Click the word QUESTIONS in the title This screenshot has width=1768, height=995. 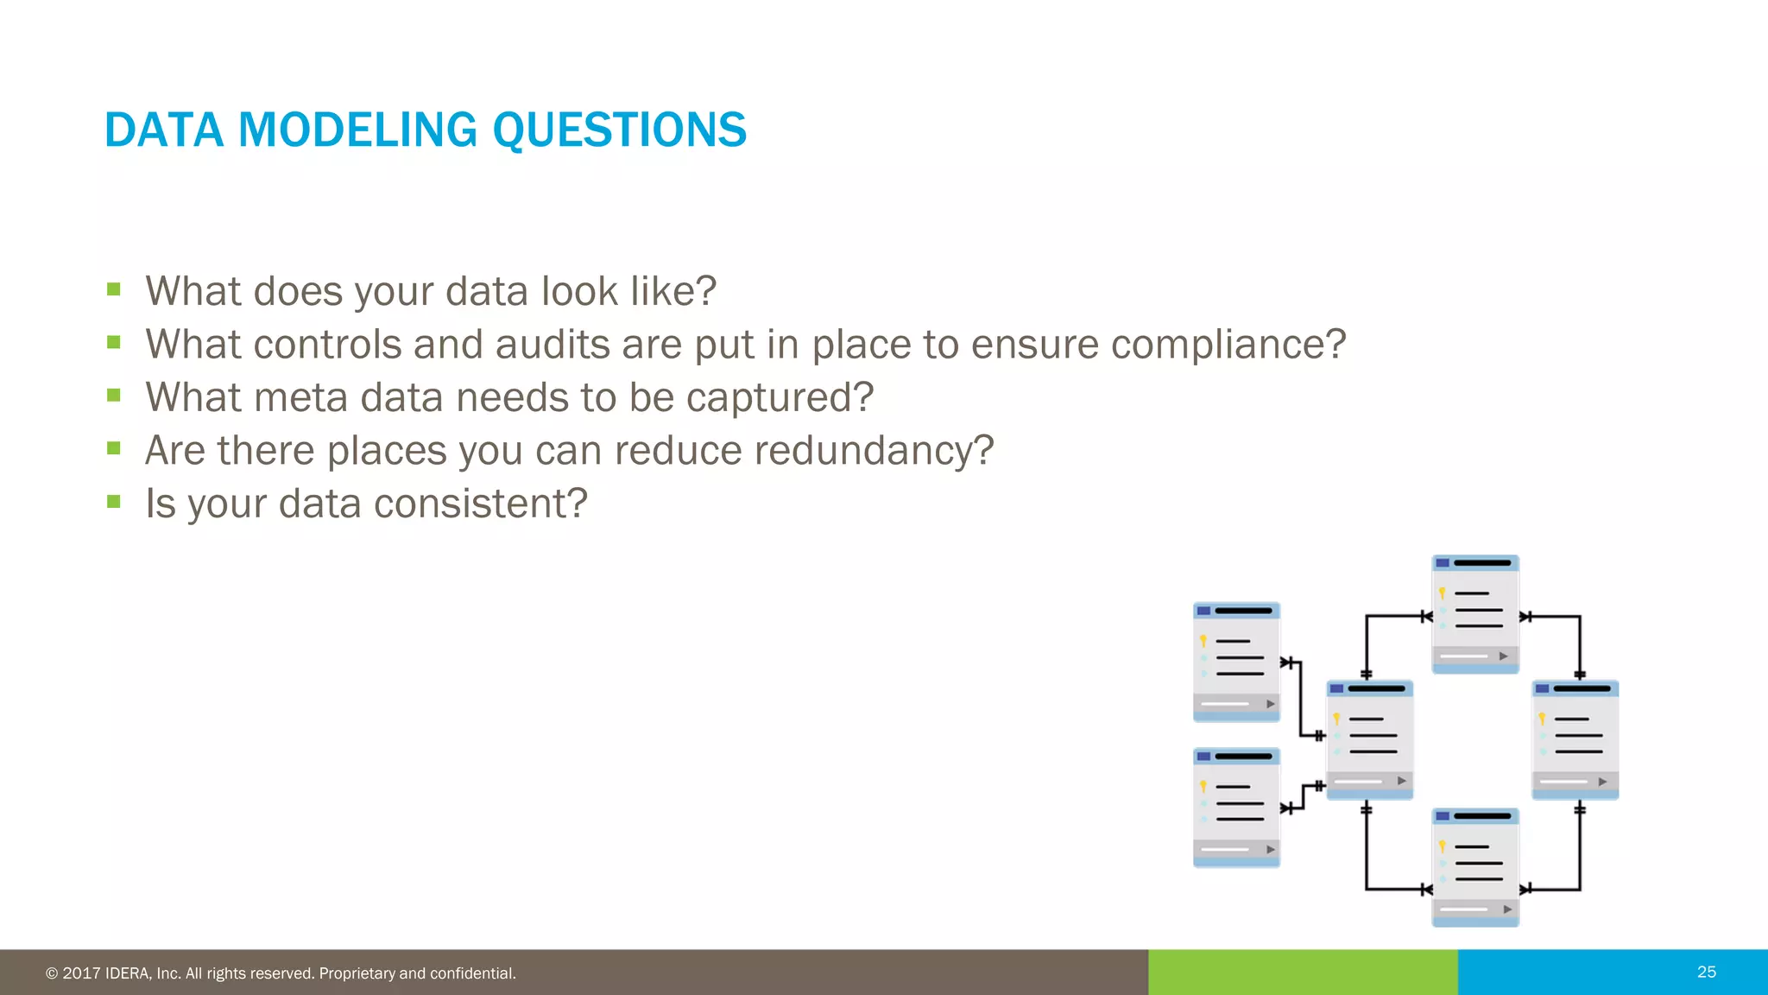(x=618, y=130)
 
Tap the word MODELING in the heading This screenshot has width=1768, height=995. (x=356, y=130)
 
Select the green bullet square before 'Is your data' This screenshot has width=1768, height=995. (x=114, y=501)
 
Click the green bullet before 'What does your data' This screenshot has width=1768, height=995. (x=114, y=288)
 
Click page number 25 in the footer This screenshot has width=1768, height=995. (x=1706, y=972)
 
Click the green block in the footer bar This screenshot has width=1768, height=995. (x=1302, y=972)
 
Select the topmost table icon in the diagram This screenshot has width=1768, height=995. (x=1474, y=613)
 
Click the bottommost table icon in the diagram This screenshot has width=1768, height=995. (x=1474, y=867)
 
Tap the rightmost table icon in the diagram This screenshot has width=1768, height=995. (x=1575, y=739)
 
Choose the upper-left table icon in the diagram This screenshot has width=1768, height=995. (x=1236, y=662)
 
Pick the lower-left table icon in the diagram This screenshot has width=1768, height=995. (x=1236, y=807)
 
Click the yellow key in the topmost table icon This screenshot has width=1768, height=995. (x=1442, y=593)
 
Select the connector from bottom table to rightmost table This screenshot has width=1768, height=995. (x=1579, y=855)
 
